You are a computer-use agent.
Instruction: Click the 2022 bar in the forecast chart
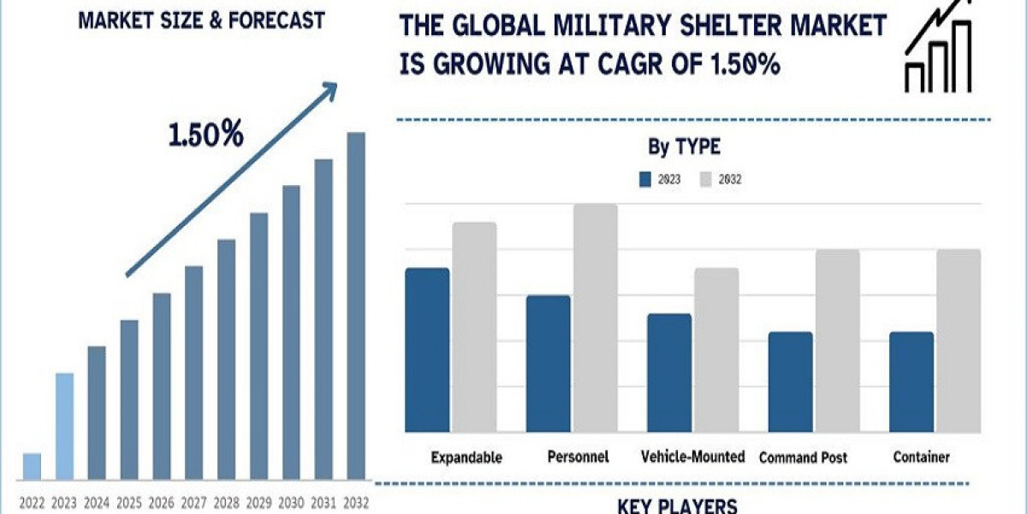point(32,466)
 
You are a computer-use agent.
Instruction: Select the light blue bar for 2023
point(64,426)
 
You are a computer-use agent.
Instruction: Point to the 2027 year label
point(193,503)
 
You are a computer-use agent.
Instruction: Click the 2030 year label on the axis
point(291,503)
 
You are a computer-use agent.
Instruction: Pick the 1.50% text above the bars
point(205,135)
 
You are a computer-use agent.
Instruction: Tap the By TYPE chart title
point(684,147)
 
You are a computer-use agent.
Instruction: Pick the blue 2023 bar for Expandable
point(427,350)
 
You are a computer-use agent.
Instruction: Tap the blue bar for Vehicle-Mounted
point(669,372)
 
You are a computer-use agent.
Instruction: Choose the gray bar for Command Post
point(837,340)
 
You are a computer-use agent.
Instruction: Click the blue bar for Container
point(911,381)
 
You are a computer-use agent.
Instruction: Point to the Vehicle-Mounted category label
point(693,457)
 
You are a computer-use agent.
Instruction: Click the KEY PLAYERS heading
point(677,505)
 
